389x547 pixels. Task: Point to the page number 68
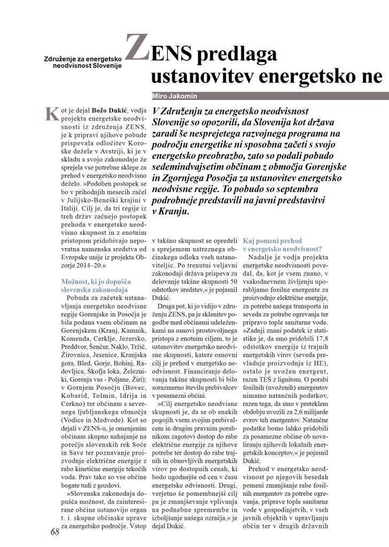pos(55,532)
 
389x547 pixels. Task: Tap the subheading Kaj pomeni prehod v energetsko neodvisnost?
pos(282,244)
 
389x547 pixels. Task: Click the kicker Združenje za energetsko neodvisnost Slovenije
pos(83,62)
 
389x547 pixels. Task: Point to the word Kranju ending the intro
pos(173,211)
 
